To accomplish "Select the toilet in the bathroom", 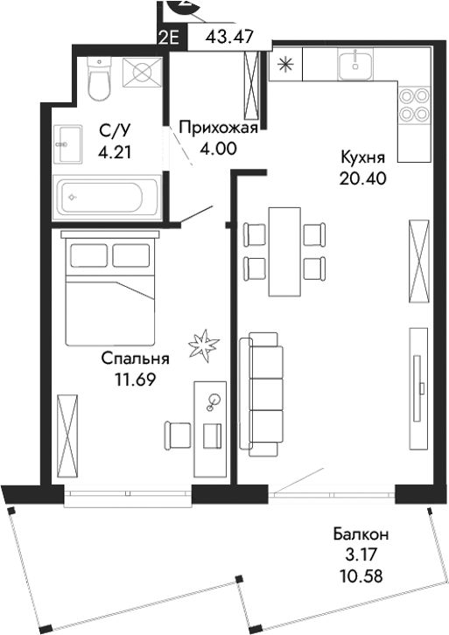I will pyautogui.click(x=99, y=80).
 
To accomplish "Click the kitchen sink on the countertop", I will pyautogui.click(x=357, y=61).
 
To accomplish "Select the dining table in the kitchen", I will pyautogui.click(x=282, y=251).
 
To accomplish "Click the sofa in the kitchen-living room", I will pyautogui.click(x=264, y=392).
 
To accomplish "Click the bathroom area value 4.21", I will pyautogui.click(x=115, y=151).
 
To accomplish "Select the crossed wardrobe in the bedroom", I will pyautogui.click(x=67, y=434).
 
